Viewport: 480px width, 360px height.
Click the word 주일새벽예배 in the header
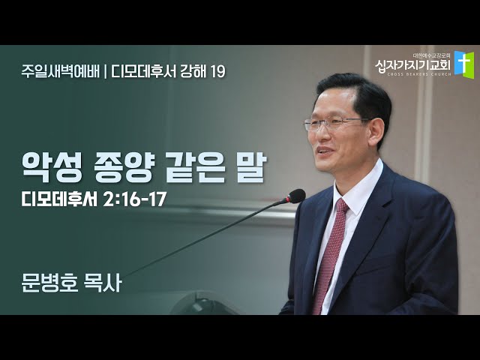point(60,72)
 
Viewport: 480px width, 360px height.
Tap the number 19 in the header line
point(218,72)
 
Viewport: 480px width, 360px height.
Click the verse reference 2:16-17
point(134,200)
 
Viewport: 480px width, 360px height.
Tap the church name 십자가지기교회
point(413,65)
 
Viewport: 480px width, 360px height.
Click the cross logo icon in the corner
point(464,63)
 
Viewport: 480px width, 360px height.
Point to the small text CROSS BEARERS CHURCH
point(418,74)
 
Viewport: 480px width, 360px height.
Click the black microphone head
point(295,196)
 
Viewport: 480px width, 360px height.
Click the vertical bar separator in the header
point(105,72)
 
